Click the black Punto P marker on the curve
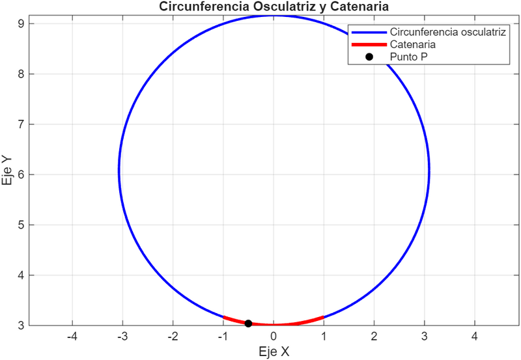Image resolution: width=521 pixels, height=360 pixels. coord(248,324)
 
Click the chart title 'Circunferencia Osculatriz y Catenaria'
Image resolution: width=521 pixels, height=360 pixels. coord(273,7)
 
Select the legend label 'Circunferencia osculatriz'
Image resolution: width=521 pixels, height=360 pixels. coord(446,32)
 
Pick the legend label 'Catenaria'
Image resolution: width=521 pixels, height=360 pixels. coord(412,44)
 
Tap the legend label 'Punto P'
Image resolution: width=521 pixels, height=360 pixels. coord(408,57)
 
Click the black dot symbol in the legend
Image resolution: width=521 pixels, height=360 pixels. coord(369,57)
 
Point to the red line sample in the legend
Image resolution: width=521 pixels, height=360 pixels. coord(369,44)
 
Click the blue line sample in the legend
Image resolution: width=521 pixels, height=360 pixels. coord(369,32)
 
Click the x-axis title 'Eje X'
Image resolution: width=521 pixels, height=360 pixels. coord(273,352)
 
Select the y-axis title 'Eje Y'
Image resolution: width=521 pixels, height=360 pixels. coord(8,171)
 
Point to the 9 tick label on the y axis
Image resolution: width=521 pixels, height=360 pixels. coord(21,23)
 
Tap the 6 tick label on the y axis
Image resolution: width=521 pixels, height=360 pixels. coord(21,174)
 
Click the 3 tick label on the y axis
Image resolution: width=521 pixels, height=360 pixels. coord(21,325)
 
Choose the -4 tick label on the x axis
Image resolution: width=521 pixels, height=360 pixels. coord(72,337)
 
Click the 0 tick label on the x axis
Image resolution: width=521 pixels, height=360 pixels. coord(274,337)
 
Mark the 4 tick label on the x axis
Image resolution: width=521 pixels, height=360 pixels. coord(475,337)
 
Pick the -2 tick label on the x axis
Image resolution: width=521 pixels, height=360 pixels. coord(173,337)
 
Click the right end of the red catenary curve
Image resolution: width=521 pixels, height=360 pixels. coord(324,317)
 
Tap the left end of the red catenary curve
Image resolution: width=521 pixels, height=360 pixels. coord(223,317)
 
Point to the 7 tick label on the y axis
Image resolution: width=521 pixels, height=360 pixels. coord(21,124)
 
